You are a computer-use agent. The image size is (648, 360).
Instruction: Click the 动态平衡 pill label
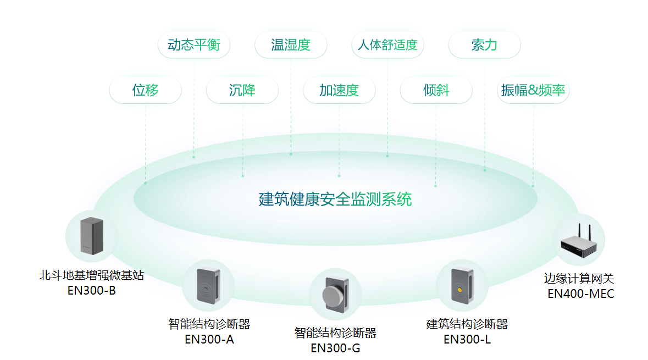(193, 45)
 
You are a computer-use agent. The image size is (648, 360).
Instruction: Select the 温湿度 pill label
(291, 45)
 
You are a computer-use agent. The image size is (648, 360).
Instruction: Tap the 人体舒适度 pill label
(387, 45)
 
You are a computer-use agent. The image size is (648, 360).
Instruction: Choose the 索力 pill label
(484, 45)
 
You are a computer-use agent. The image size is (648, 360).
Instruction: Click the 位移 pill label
(145, 90)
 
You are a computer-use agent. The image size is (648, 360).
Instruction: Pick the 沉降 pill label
(242, 90)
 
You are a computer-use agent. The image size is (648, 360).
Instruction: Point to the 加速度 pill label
(339, 90)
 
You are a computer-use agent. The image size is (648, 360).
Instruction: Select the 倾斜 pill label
(436, 90)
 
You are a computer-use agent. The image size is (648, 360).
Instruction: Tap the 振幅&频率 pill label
(533, 90)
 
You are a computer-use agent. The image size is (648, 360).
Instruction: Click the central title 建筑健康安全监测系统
(335, 199)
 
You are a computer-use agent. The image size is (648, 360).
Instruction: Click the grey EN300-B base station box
(91, 236)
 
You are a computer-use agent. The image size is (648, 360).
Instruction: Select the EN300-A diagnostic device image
(208, 286)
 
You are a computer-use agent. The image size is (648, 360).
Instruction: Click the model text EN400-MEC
(580, 293)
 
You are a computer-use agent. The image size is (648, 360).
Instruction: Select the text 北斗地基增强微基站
(91, 275)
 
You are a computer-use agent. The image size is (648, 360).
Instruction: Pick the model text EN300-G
(335, 348)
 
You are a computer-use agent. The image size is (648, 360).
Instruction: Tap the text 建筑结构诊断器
(467, 324)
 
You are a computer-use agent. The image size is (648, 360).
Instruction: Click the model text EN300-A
(209, 339)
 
